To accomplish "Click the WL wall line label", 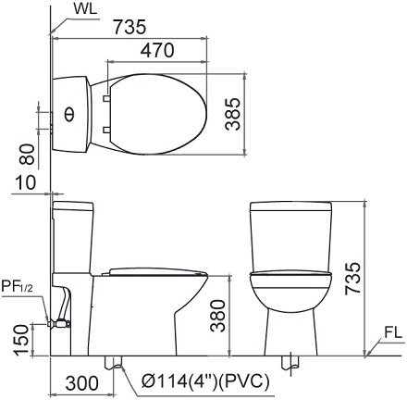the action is click(x=85, y=9).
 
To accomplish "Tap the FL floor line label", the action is click(x=393, y=332).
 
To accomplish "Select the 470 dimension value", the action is click(x=157, y=50).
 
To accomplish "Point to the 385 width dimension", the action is click(x=233, y=114).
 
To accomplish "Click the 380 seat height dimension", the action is click(x=217, y=316).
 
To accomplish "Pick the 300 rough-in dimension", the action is click(x=82, y=383).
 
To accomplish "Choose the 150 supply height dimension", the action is click(x=22, y=340).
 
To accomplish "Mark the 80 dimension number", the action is click(x=27, y=154).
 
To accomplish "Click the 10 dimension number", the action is click(x=26, y=182).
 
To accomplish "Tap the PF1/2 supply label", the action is click(x=17, y=286).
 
